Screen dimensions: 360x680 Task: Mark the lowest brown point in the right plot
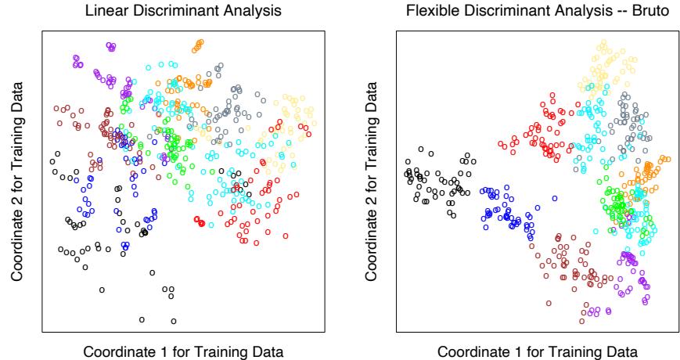[x=582, y=320]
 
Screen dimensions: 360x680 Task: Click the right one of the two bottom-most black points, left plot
[x=174, y=320]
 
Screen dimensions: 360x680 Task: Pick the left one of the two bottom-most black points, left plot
[x=142, y=319]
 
